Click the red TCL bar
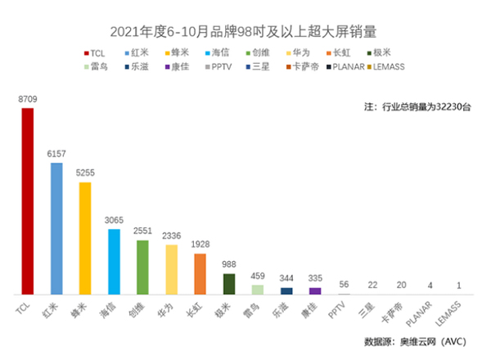(28, 201)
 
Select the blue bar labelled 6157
(56, 228)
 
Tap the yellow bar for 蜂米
(85, 238)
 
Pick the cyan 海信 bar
(114, 262)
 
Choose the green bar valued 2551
(142, 267)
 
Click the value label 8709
(28, 98)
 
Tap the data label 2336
(171, 236)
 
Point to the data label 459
(258, 276)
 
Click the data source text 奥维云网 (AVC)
(417, 341)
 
